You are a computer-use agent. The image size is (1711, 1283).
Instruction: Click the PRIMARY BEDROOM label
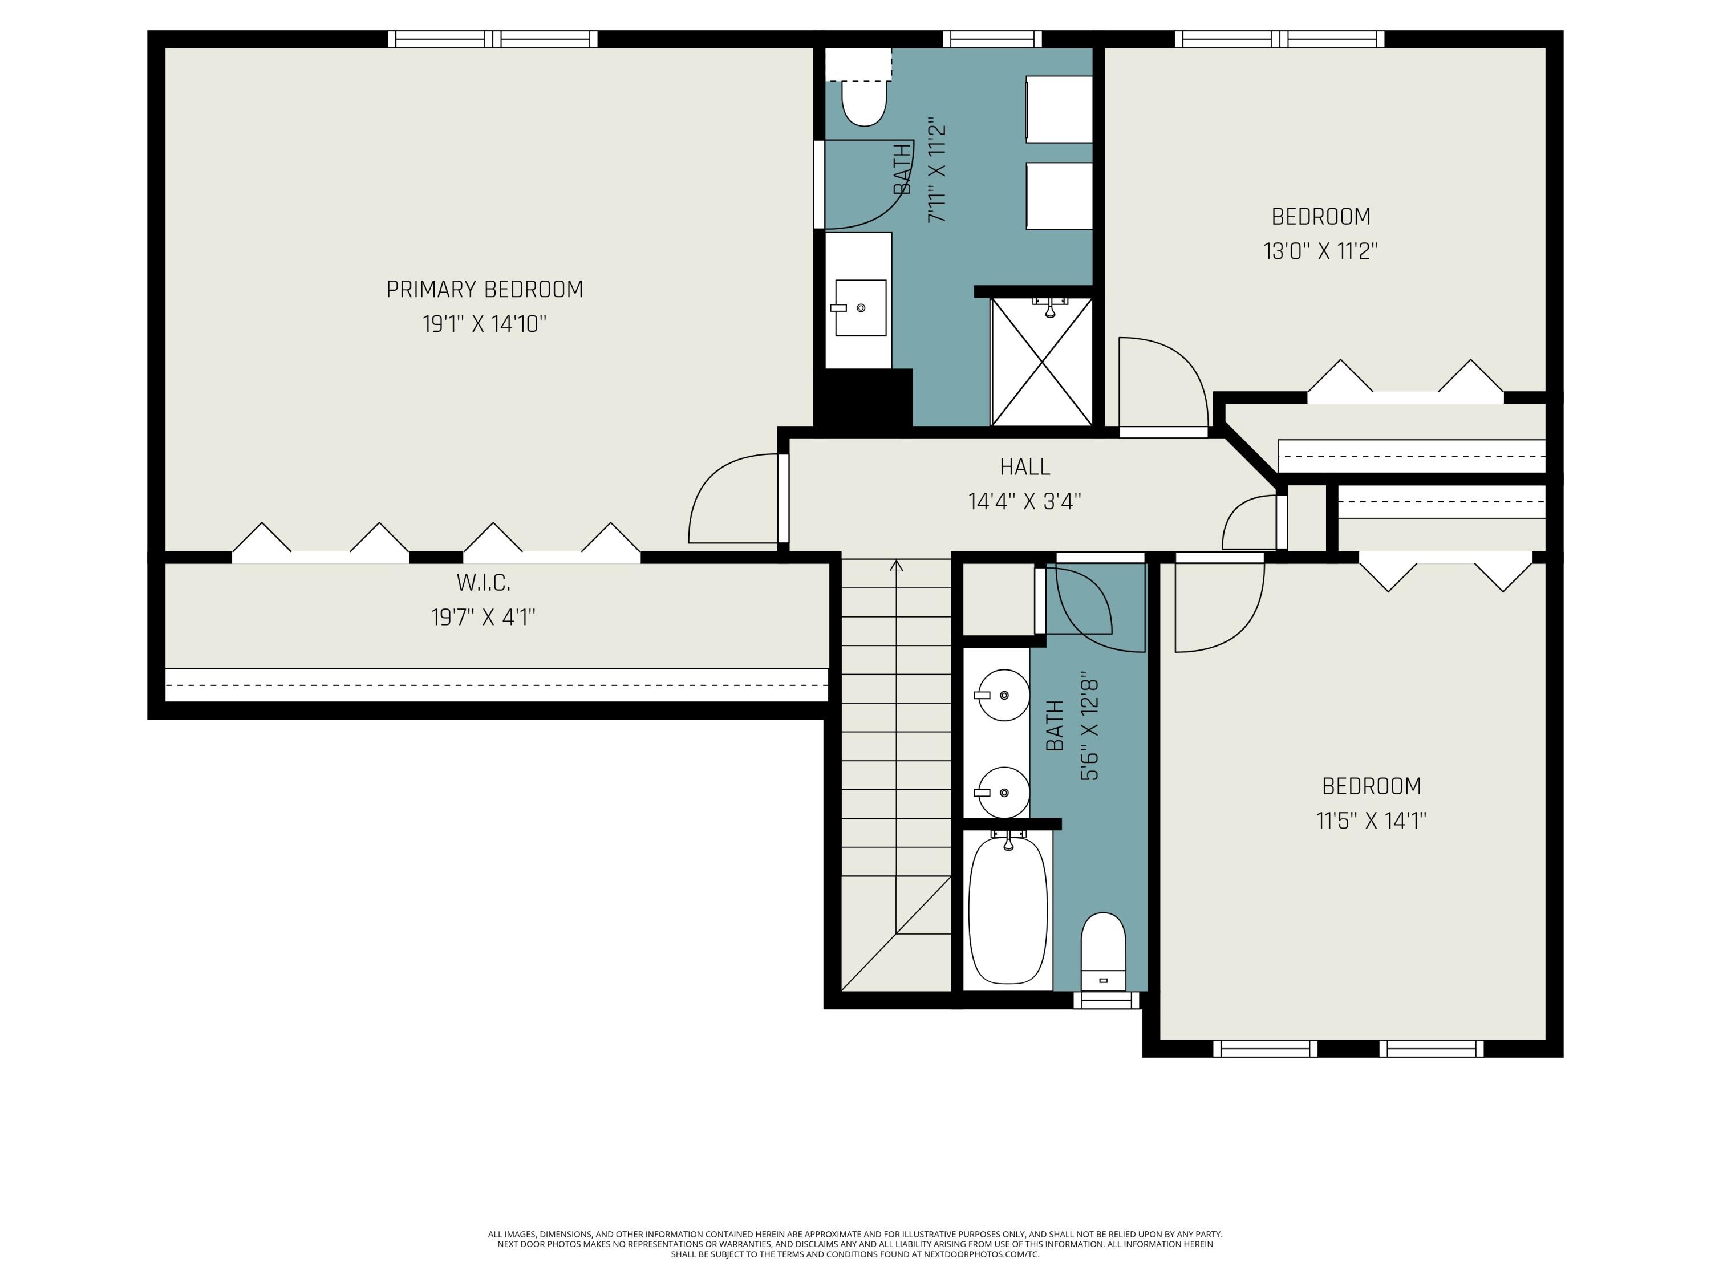(484, 289)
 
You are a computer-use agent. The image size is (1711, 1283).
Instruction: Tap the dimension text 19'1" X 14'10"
(484, 324)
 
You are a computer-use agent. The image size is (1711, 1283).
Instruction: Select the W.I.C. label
(484, 582)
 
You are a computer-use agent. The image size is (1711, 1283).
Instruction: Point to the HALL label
(1025, 467)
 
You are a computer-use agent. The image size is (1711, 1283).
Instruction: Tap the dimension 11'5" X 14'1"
(1371, 821)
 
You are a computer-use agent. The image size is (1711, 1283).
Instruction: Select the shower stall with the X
(1041, 361)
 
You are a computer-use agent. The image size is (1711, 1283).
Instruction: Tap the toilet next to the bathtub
(1103, 951)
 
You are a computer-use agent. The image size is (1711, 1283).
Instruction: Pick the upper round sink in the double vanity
(1003, 695)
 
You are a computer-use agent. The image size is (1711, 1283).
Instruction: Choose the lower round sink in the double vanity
(1003, 793)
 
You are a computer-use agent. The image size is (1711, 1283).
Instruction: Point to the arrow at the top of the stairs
(897, 566)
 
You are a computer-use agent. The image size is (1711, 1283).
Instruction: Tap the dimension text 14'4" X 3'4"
(1025, 502)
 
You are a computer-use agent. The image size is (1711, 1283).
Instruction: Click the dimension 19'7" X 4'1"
(484, 617)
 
